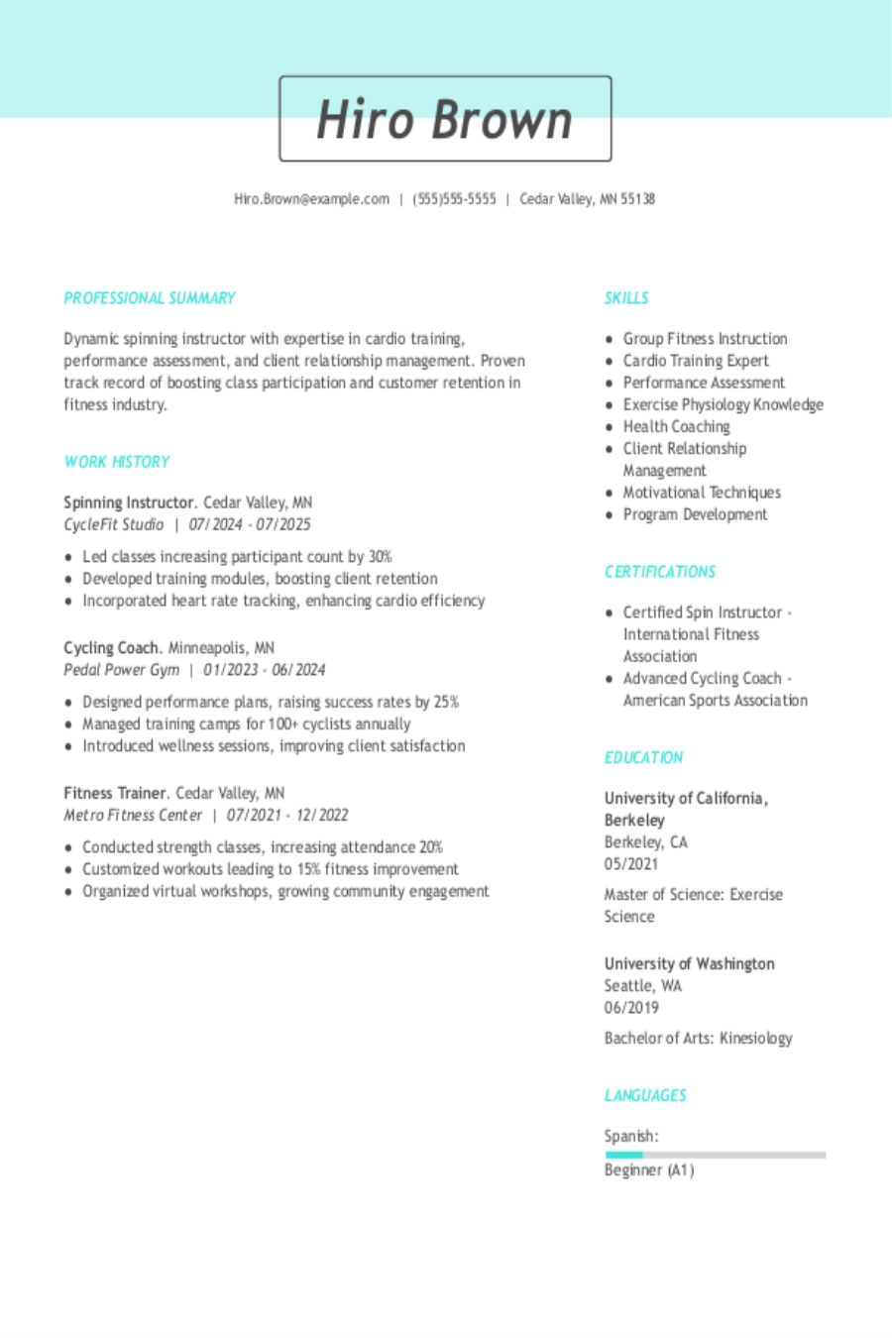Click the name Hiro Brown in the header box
[444, 120]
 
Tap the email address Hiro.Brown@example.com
[311, 199]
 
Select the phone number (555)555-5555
[454, 199]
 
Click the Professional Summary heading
[150, 298]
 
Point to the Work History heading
[117, 462]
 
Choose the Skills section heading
[626, 298]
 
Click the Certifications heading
[660, 572]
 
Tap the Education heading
[643, 757]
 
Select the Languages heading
[645, 1095]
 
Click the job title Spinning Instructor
[129, 502]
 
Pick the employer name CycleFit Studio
[114, 524]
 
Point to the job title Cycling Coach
[112, 648]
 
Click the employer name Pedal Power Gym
[122, 670]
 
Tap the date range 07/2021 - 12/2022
[287, 816]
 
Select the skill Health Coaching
[676, 427]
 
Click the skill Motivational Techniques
[702, 493]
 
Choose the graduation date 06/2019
[631, 1008]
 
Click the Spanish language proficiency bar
[715, 1155]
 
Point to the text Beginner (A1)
[649, 1171]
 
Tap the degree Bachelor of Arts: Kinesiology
[699, 1039]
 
